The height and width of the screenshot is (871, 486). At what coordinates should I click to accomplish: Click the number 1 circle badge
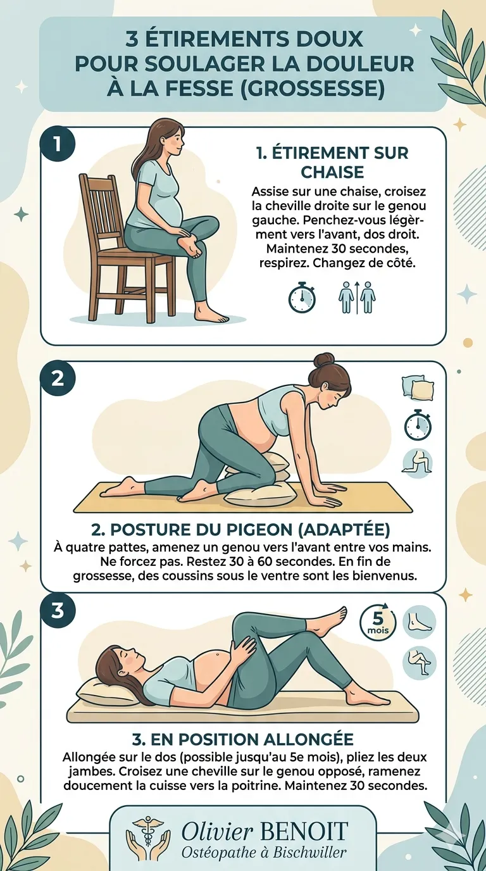coord(58,145)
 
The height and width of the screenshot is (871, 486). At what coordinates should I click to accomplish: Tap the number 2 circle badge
coord(58,379)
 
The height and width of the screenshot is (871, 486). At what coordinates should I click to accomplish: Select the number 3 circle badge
coord(58,611)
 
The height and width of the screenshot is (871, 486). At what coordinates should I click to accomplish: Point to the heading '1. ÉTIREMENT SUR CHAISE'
coord(332,162)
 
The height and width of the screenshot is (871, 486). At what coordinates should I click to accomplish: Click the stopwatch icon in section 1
coord(302,297)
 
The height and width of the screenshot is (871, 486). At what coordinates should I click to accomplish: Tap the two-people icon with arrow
coord(357,298)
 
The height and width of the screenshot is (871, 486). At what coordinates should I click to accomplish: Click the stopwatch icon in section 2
coord(418,425)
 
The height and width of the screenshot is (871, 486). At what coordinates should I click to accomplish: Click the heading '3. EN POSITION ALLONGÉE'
coord(243,739)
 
